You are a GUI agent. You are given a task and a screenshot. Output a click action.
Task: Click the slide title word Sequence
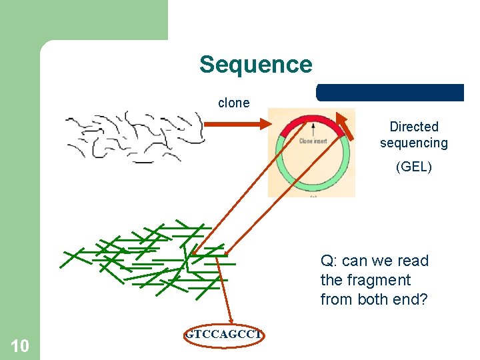255,65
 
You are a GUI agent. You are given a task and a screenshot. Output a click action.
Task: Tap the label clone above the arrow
233,103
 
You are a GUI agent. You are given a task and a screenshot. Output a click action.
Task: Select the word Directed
414,127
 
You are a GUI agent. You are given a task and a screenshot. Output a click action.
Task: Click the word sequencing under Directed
414,143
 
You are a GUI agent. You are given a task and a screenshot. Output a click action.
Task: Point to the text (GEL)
414,167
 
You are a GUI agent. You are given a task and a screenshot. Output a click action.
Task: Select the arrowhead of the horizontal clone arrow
263,123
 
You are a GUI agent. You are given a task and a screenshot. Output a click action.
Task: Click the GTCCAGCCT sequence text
223,335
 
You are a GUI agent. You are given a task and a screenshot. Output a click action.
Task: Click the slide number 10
20,345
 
